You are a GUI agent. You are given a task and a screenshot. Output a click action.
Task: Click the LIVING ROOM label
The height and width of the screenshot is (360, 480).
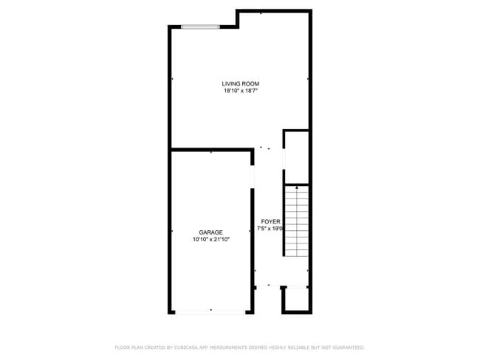(241, 84)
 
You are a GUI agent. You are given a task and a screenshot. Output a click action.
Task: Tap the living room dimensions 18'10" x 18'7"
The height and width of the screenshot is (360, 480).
(241, 91)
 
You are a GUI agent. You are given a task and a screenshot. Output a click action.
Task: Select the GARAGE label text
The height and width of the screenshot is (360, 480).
(210, 232)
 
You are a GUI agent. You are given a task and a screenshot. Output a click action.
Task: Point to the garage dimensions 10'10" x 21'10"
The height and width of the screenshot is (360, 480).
(210, 240)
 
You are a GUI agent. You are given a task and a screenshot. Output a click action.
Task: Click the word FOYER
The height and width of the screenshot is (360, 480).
(270, 221)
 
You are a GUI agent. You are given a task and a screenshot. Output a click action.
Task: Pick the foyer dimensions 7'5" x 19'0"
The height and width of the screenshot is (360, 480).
(270, 229)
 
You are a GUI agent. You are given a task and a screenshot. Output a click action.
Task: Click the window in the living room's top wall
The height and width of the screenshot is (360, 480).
(201, 28)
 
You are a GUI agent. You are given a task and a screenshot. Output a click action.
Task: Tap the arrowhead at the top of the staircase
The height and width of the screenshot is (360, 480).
(296, 189)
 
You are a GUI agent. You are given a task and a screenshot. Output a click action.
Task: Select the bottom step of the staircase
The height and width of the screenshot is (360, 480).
(296, 253)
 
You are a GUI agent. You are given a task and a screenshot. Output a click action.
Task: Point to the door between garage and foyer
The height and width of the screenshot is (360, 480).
(253, 176)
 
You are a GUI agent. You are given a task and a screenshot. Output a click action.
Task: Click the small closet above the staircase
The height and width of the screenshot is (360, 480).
(296, 156)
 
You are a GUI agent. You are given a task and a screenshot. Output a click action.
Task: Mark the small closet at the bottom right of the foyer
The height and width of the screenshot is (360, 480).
(295, 299)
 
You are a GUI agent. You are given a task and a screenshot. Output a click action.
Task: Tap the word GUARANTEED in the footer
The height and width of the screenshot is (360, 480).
(348, 347)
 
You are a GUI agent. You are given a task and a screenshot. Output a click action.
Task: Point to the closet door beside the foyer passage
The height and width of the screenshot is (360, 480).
(284, 159)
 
